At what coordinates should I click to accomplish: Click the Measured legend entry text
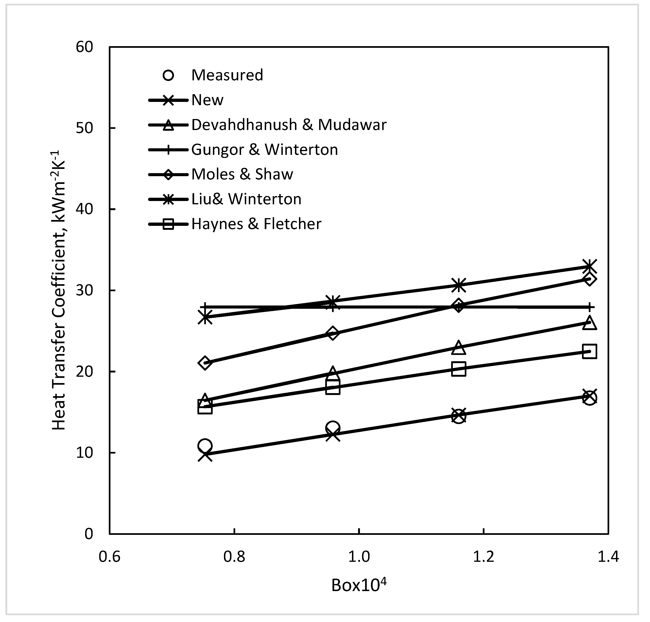227,75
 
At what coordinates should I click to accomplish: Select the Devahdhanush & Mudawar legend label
289,125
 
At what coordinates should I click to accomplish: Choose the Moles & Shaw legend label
242,174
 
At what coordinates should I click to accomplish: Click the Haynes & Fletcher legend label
256,224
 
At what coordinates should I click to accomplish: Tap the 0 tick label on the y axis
89,534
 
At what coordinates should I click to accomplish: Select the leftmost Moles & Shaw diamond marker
205,363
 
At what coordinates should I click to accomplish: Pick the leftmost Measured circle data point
205,446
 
